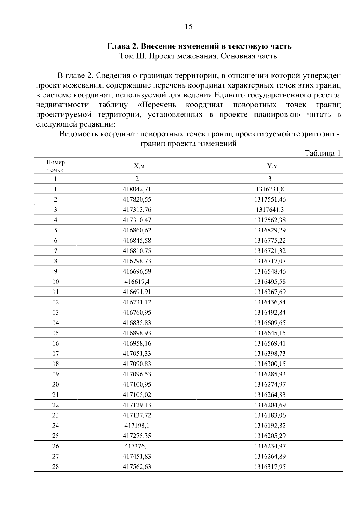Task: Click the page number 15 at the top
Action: point(188,27)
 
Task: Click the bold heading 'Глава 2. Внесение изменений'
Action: point(199,46)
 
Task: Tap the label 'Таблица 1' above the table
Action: point(322,153)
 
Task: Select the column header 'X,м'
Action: point(137,166)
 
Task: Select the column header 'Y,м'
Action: point(270,166)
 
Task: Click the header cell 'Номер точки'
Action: point(55,166)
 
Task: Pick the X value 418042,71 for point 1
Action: point(137,189)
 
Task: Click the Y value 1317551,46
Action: point(270,199)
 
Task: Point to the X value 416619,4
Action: point(137,282)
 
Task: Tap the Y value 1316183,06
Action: point(270,415)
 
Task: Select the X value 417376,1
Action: point(137,446)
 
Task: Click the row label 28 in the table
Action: point(55,466)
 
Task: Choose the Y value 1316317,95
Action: point(270,466)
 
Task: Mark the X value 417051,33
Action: point(137,354)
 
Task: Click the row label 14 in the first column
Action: point(55,323)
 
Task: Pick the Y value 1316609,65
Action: point(270,323)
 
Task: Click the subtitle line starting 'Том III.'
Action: point(199,56)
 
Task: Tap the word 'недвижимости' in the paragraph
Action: point(62,105)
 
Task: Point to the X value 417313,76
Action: point(137,210)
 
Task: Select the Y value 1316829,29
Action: point(270,230)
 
